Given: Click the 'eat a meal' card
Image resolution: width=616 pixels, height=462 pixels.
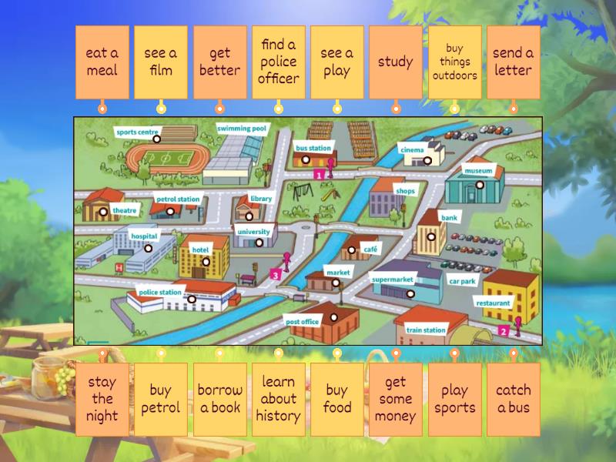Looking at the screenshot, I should (x=102, y=62).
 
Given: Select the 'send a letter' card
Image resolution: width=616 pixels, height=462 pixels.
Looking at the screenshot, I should (x=513, y=62).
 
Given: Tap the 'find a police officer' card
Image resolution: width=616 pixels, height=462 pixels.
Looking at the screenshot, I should (x=278, y=62).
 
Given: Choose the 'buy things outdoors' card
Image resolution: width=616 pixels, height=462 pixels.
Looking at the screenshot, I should (x=454, y=62).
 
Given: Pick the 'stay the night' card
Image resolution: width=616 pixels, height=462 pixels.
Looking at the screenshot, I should (x=102, y=399).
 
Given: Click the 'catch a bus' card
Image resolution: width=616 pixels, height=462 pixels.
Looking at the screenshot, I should (x=513, y=399).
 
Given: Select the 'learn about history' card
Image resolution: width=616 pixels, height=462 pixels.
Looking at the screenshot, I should (x=278, y=399).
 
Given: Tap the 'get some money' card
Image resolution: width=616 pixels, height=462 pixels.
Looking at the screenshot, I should (x=395, y=399).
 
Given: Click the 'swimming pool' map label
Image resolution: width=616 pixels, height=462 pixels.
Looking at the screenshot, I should (x=242, y=129).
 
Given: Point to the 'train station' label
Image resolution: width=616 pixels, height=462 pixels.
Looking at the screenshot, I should (x=426, y=330).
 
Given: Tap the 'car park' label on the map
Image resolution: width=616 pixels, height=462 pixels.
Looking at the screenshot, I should (x=462, y=282).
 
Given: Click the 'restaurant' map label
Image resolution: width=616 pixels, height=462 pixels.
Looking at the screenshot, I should (x=493, y=303).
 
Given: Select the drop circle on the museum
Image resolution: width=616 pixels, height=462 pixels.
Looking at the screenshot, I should (x=479, y=185).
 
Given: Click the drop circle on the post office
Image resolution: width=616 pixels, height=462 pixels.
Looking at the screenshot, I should (x=334, y=316).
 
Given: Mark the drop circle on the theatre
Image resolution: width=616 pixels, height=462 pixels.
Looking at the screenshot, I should (x=104, y=212).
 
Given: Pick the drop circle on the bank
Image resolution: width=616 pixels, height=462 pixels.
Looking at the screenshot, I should (x=432, y=237).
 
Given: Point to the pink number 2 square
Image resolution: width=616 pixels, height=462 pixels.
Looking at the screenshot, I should (x=504, y=331).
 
